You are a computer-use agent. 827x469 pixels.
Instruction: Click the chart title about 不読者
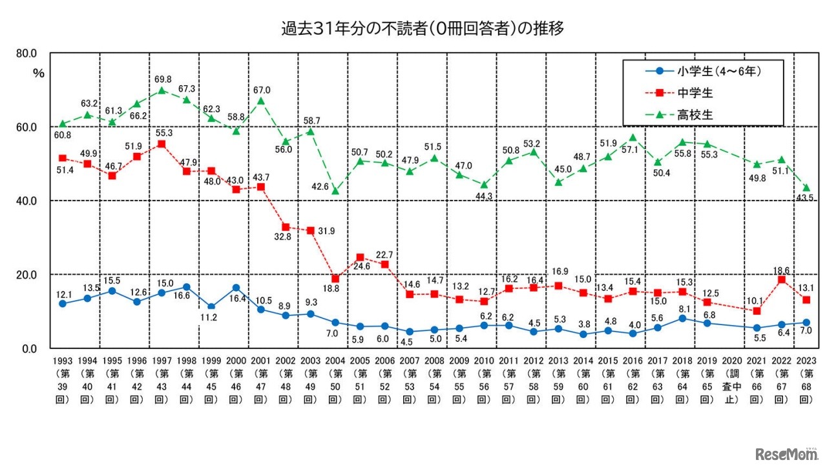pyautogui.click(x=413, y=29)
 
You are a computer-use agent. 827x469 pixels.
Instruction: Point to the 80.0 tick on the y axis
pyautogui.click(x=26, y=53)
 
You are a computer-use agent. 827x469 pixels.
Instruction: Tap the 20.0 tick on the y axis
pyautogui.click(x=26, y=275)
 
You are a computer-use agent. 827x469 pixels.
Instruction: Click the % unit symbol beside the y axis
pyautogui.click(x=38, y=72)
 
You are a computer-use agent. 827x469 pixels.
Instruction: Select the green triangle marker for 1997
pyautogui.click(x=162, y=90)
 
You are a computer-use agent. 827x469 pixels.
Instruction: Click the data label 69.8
pyautogui.click(x=162, y=78)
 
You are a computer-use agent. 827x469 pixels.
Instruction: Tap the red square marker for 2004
pyautogui.click(x=335, y=279)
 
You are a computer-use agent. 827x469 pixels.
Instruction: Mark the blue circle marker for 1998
pyautogui.click(x=187, y=287)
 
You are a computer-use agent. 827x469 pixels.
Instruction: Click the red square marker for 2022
pyautogui.click(x=781, y=279)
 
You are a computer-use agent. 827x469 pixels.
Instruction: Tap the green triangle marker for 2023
pyautogui.click(x=806, y=188)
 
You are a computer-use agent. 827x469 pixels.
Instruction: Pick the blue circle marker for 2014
pyautogui.click(x=583, y=334)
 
